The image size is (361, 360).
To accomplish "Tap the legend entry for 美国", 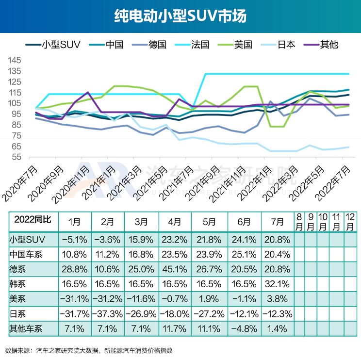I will (243, 45).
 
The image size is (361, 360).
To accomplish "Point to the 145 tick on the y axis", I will (15, 61).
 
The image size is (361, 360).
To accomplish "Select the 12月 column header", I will (349, 222).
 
